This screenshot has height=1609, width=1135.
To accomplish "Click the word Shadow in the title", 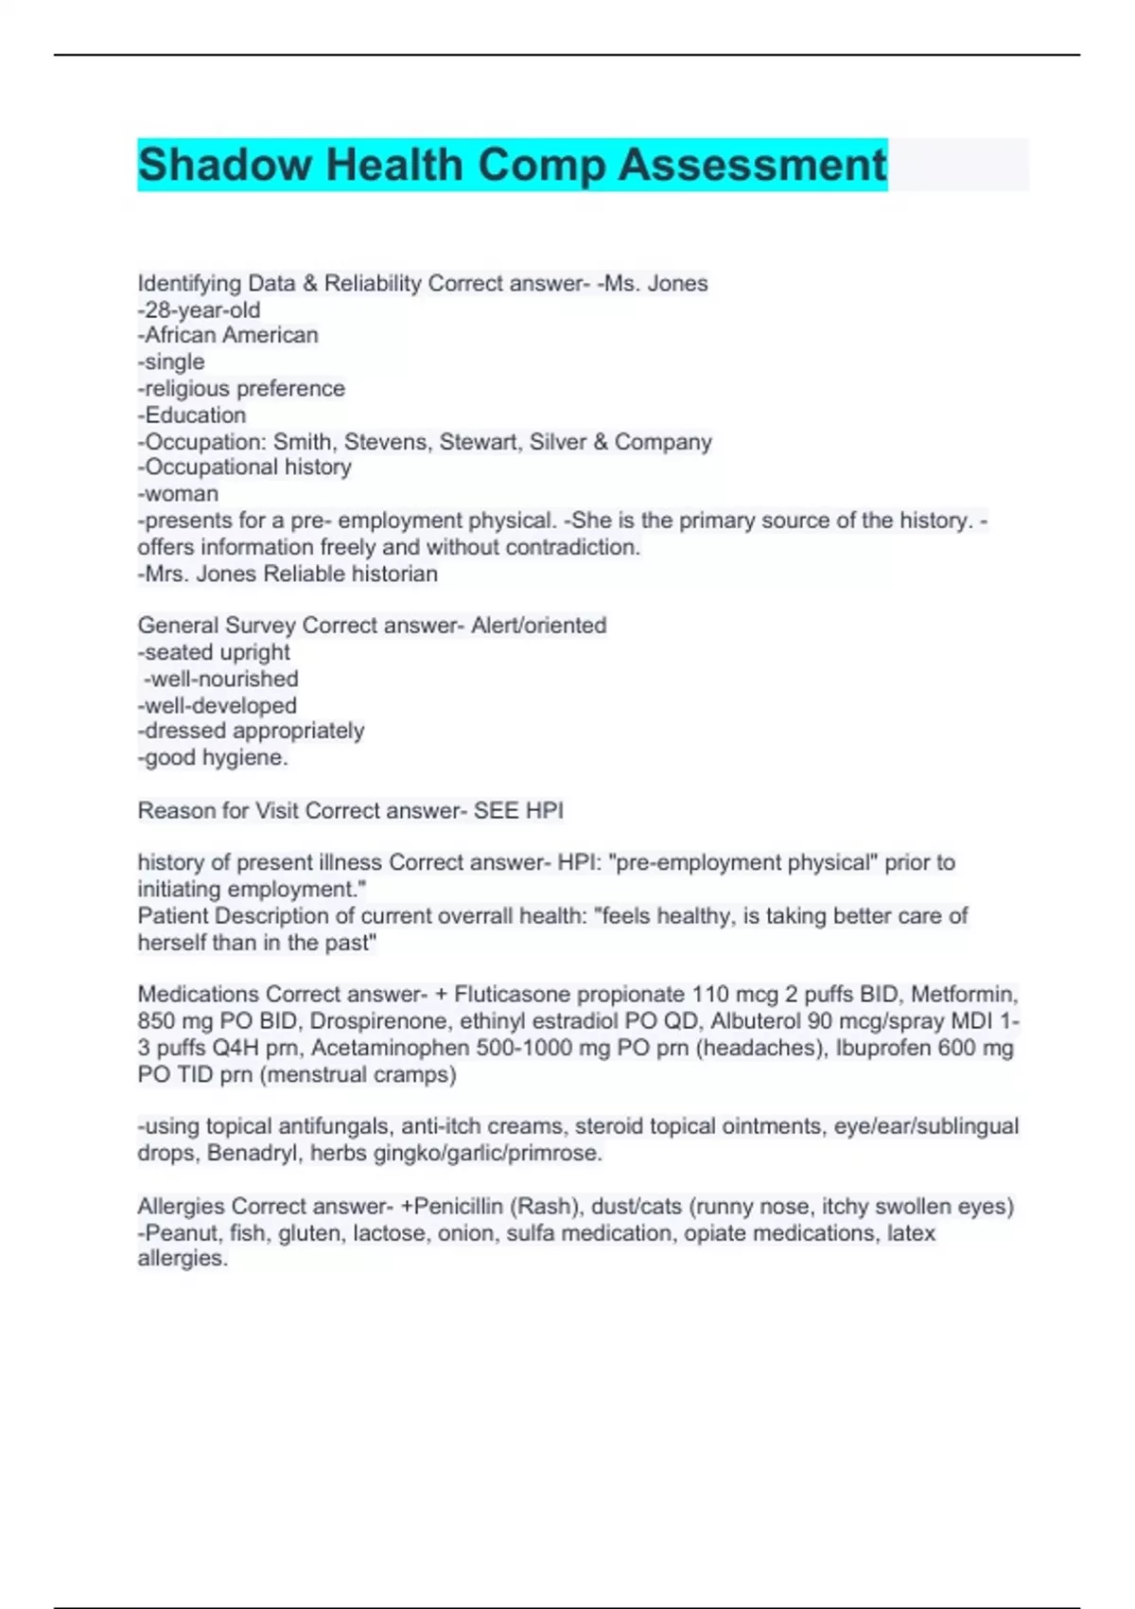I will tap(224, 165).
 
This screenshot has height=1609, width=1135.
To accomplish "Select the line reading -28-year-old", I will tap(199, 309).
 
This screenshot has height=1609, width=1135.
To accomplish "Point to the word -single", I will tap(171, 362).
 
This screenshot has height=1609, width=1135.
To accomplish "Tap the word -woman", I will tap(178, 494).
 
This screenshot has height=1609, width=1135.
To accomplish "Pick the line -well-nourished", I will tap(221, 679).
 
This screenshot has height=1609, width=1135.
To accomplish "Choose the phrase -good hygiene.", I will tap(213, 757).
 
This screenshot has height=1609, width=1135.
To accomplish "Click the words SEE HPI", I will tap(518, 810).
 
